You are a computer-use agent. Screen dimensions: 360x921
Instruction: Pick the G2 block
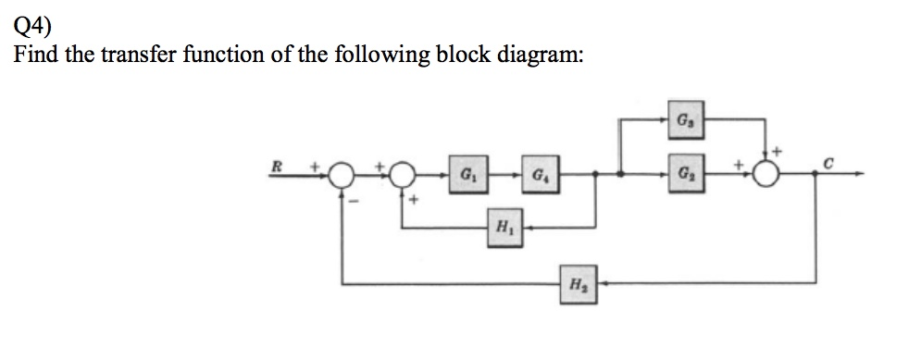pyautogui.click(x=682, y=173)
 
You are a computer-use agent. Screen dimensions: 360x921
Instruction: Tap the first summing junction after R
pyautogui.click(x=342, y=174)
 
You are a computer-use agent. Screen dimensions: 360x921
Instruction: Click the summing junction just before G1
pyautogui.click(x=402, y=174)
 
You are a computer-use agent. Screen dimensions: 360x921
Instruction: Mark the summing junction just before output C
pyautogui.click(x=765, y=174)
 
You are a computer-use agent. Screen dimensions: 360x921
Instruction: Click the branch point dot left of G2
pyautogui.click(x=619, y=173)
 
